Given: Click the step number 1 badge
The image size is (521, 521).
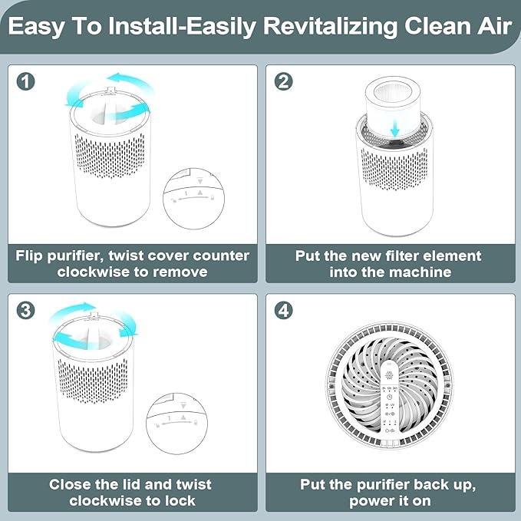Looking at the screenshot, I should [26, 81].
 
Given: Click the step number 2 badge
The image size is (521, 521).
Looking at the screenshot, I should [283, 81].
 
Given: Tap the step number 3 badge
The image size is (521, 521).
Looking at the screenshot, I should [26, 311].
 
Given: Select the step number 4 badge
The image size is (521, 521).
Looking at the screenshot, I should [283, 311].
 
